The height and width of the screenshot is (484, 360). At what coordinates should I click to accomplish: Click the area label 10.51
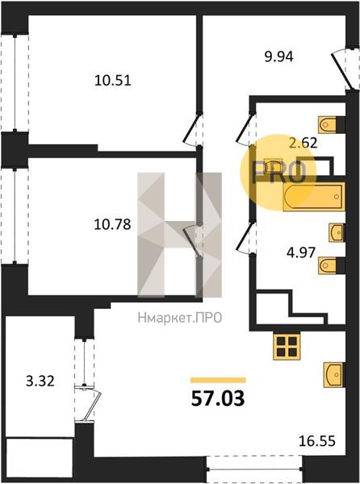pos(113,81)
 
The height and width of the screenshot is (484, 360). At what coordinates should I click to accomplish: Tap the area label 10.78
pos(112,224)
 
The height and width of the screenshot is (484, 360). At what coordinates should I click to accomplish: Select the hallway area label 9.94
pos(278,56)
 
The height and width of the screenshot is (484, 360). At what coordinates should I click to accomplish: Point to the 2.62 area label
pos(303,143)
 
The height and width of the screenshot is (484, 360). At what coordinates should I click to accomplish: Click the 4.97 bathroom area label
pos(301,252)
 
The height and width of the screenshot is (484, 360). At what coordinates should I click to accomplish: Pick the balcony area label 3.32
pos(40,381)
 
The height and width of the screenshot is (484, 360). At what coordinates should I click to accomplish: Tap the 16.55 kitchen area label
pos(317,441)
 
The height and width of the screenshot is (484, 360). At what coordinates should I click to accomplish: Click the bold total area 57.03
pos(218,398)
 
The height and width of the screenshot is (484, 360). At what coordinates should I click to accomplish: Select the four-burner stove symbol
pos(287,347)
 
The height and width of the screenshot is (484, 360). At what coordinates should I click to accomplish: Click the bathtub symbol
pos(314,197)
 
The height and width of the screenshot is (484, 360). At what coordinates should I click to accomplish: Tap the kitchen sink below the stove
pos(334,375)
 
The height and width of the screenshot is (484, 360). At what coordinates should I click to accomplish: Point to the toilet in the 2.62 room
pos(331,125)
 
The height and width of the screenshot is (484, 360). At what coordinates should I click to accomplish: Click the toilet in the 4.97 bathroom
pos(331,265)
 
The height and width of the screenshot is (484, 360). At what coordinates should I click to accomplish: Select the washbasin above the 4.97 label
pos(337,232)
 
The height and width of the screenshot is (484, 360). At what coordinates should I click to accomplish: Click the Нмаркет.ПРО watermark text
pos(180,318)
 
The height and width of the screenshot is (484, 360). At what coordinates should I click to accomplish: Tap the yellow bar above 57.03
pos(218,380)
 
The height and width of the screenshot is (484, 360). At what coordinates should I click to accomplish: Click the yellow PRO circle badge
pos(278,173)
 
